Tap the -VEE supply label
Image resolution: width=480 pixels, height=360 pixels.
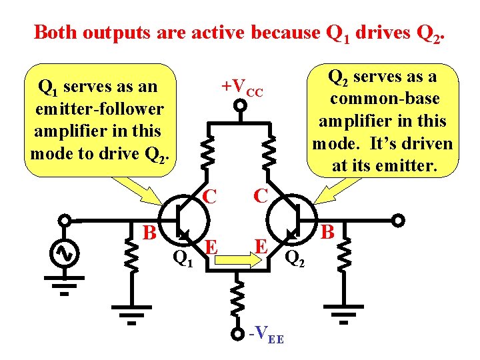tap(265, 336)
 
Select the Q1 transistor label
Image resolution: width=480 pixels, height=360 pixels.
tap(183, 257)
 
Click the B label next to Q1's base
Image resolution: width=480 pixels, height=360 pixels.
tap(150, 233)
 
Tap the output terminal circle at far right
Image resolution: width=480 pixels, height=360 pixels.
tap(397, 220)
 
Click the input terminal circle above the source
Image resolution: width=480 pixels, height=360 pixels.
tap(65, 220)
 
